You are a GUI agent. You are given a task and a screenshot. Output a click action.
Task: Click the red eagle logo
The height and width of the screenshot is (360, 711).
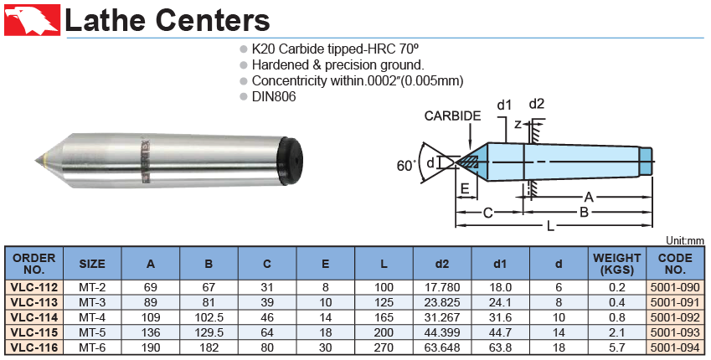[x=32, y=20]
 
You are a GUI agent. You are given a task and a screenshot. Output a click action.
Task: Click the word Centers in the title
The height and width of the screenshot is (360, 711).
[x=212, y=20]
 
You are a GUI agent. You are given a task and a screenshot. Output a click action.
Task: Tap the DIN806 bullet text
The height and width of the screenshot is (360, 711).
[x=274, y=96]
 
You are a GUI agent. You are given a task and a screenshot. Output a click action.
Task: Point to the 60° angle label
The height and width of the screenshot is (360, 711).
[x=406, y=166]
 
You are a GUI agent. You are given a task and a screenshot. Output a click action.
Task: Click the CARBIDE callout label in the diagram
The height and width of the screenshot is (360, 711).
[x=452, y=116]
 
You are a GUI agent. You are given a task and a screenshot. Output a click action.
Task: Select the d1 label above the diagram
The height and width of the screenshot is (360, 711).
[x=504, y=105]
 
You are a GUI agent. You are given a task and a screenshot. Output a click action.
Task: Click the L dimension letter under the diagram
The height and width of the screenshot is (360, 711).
[x=550, y=226]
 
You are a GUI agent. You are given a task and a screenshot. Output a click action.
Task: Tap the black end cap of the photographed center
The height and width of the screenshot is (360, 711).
[x=292, y=161]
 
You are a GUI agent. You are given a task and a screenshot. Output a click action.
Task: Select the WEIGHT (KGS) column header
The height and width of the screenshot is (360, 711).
[x=616, y=264]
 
